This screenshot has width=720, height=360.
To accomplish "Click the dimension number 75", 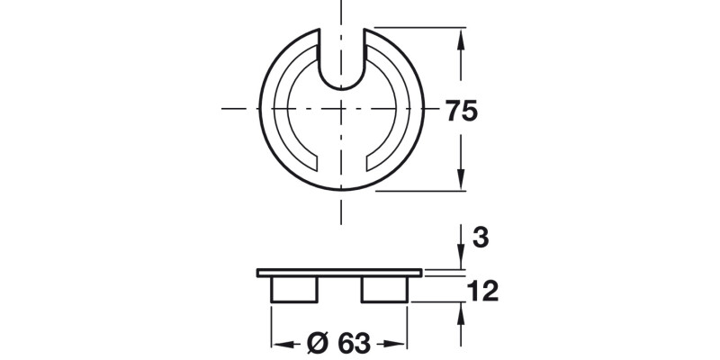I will coord(461,112).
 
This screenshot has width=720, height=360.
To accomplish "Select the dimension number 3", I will coord(480,238).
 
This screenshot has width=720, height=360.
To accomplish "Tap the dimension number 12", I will coord(482,291).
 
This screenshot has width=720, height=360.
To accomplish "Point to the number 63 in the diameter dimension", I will coord(355,344).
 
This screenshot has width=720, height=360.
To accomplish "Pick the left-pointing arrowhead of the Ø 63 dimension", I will coord(278,344).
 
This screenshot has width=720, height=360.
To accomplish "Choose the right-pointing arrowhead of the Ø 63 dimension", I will coord(401,344).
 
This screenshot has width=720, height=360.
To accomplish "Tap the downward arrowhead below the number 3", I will coord(461,263).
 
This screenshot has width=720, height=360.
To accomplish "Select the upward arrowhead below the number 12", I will coord(461,307).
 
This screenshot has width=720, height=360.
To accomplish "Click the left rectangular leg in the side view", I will coord(295,289).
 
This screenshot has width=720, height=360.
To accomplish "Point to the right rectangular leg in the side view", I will coord(384,289).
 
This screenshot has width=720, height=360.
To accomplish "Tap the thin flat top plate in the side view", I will coord(339,272).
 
